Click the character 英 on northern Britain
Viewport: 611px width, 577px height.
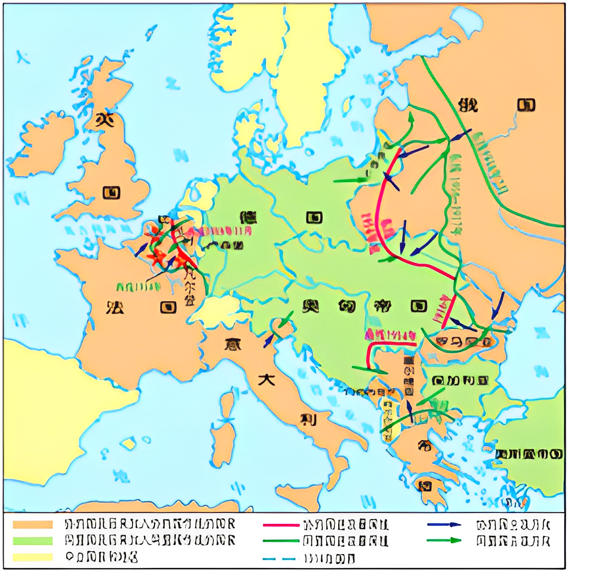104,119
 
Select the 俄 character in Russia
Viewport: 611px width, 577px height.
468,104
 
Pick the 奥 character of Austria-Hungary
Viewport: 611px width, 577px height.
311,306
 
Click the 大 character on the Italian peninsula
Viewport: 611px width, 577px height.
266,379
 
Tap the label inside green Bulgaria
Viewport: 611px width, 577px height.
460,381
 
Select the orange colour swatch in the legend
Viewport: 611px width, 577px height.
33,524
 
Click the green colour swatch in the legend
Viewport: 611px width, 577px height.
33,541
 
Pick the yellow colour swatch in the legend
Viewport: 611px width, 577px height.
33,557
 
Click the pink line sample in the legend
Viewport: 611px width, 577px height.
281,525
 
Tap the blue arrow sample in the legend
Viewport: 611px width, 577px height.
444,524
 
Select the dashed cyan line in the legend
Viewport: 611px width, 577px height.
279,559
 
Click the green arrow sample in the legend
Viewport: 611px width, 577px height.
444,540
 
